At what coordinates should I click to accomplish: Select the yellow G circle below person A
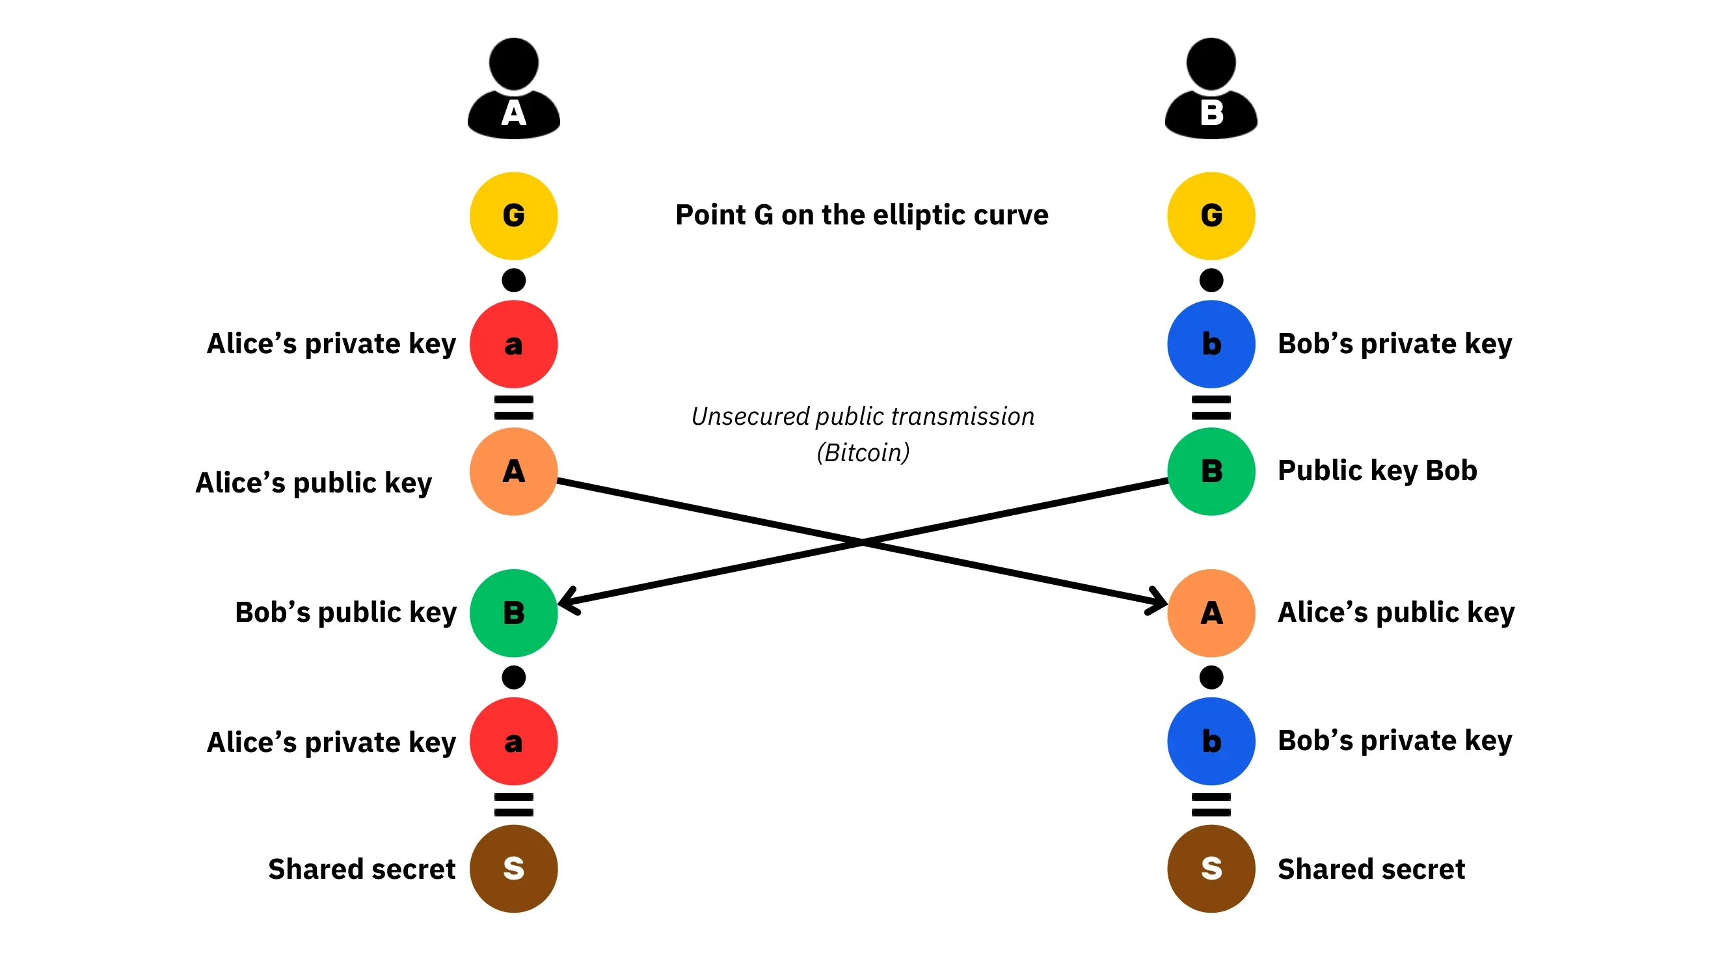click(x=514, y=215)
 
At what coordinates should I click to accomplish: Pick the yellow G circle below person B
click(x=1211, y=215)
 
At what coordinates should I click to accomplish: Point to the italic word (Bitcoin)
click(x=863, y=452)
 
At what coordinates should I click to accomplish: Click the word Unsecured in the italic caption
click(x=750, y=417)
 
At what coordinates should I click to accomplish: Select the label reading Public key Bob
click(x=1377, y=471)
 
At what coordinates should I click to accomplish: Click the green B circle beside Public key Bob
click(x=1211, y=472)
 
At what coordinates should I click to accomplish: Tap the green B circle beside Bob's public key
click(x=514, y=613)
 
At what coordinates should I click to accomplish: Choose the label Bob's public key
click(x=345, y=613)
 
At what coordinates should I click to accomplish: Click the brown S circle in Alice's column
click(x=514, y=869)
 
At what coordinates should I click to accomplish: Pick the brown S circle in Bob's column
click(x=1211, y=869)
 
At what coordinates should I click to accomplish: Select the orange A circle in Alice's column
click(x=514, y=472)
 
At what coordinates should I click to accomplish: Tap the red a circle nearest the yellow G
click(x=514, y=344)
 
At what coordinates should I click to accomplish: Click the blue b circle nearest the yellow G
click(x=1211, y=344)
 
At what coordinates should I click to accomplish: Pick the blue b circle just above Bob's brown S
click(x=1211, y=741)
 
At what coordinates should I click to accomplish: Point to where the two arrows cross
click(x=863, y=541)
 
